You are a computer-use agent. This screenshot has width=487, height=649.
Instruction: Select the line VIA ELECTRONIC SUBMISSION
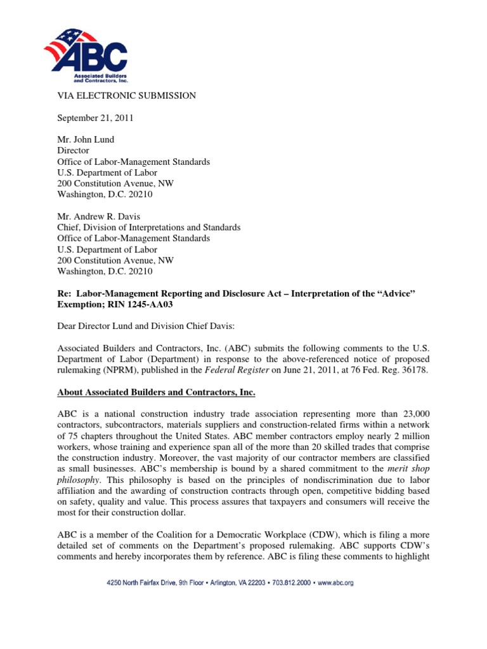(127, 96)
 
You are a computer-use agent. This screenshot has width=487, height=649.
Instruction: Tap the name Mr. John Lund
(87, 140)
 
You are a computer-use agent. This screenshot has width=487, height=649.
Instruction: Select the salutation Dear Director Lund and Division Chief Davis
(159, 326)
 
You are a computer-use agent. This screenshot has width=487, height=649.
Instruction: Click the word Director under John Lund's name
(74, 151)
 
